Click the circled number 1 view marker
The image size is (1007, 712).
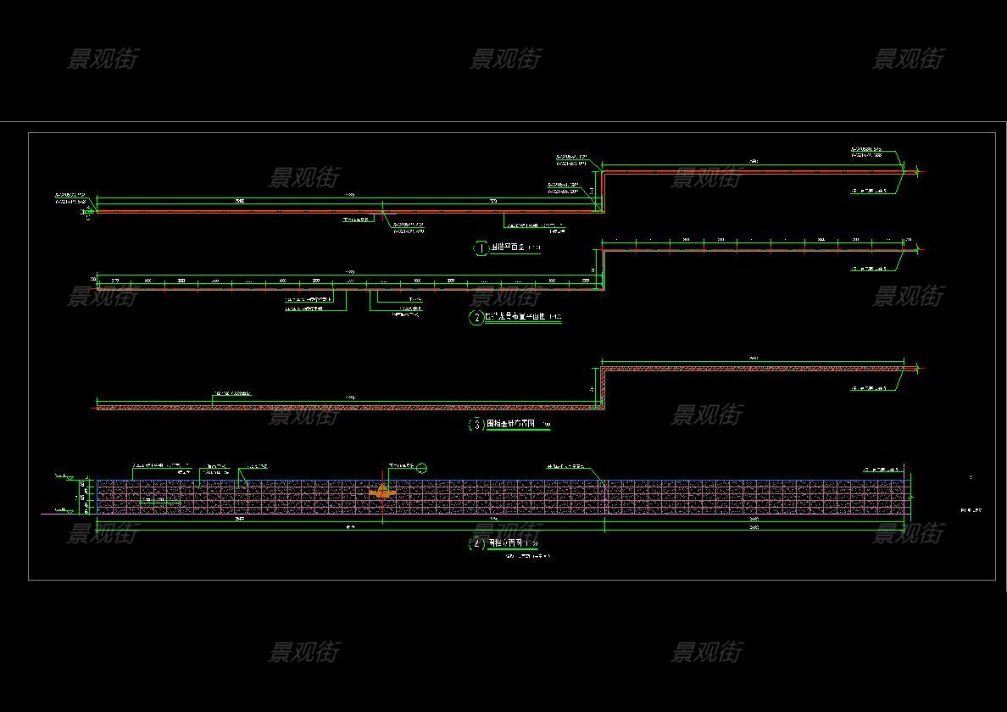point(481,248)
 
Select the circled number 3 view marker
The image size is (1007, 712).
point(476,425)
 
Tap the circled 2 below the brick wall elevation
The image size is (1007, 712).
point(476,543)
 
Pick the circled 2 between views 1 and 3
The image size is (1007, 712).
point(476,318)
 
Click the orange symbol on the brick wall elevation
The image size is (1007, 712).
point(383,491)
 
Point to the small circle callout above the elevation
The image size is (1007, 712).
point(422,468)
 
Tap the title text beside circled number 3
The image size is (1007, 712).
point(511,424)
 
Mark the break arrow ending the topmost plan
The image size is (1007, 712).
point(917,172)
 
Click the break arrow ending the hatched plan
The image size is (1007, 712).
point(917,369)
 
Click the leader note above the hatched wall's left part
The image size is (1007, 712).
point(231,394)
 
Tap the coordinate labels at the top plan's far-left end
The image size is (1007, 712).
point(71,198)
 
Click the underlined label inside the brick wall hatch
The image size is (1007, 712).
point(160,500)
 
